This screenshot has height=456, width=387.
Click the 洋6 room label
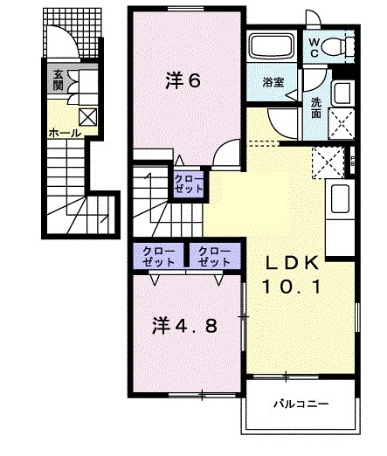tap(184, 81)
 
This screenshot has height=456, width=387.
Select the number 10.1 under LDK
tap(293, 285)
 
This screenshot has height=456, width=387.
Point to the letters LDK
tap(294, 261)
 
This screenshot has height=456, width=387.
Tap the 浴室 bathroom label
tap(273, 82)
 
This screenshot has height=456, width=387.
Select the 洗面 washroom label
tap(316, 107)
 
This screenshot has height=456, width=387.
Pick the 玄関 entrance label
tap(56, 79)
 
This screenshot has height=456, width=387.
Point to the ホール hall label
tap(65, 134)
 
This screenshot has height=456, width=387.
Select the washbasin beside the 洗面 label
tap(342, 93)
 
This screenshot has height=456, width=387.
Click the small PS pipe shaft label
tap(351, 160)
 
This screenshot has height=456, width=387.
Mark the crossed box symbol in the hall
tap(89, 117)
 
